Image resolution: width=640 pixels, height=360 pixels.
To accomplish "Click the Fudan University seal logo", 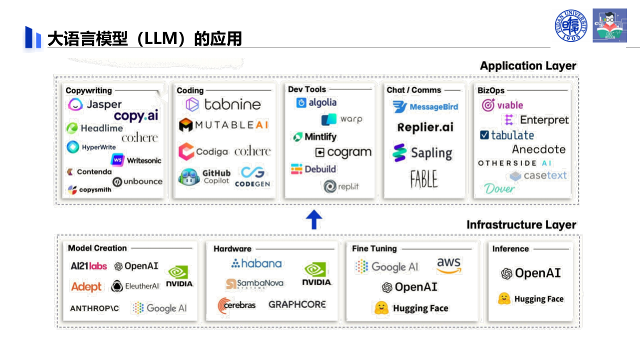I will tap(571, 25).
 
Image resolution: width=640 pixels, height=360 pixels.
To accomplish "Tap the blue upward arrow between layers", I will tap(313, 219).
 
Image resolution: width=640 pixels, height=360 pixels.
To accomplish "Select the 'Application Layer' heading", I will tap(528, 66).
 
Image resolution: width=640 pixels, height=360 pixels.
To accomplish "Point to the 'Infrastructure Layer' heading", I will tap(521, 225).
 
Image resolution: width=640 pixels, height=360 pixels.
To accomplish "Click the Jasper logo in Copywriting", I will tap(95, 104).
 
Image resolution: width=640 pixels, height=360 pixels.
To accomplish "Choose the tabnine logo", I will tap(223, 104).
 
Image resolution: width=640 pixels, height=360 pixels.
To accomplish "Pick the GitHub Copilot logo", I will tap(205, 177).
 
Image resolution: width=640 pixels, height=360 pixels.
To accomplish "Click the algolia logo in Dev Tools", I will tap(316, 102).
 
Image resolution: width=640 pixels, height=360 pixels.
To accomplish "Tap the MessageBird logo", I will tap(425, 106).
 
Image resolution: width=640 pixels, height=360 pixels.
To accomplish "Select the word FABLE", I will tap(423, 178).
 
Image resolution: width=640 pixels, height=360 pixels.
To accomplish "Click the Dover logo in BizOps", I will tap(499, 188).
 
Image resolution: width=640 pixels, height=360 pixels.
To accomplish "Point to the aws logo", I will tap(449, 265).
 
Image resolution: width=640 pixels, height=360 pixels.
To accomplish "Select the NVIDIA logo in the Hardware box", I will tap(316, 274).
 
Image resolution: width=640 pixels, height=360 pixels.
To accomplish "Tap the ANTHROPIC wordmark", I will tap(94, 308).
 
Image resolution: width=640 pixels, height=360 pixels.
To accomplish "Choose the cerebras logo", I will tap(236, 305).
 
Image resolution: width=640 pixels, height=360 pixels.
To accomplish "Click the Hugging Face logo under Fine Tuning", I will tap(411, 308).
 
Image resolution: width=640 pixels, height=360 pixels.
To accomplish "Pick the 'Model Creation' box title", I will tap(97, 248).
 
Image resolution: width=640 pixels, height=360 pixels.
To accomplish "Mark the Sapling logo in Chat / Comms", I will tap(422, 153).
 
